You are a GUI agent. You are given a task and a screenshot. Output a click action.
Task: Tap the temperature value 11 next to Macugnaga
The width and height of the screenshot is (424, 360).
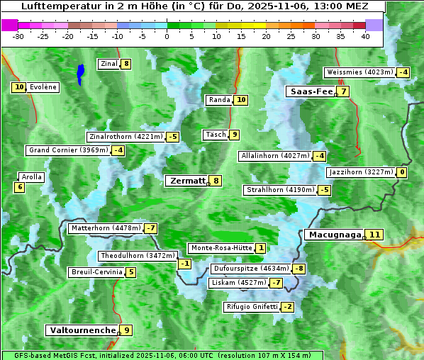375,235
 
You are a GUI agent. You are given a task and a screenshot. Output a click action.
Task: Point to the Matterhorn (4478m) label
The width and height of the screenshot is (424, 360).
105,228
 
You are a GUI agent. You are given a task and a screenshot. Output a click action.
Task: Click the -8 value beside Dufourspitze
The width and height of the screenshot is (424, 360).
299,269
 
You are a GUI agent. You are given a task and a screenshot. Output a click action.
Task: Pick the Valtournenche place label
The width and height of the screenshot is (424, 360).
82,330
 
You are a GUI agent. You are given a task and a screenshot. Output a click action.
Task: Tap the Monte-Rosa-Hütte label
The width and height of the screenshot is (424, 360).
221,248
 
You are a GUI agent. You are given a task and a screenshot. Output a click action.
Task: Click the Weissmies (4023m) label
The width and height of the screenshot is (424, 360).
359,72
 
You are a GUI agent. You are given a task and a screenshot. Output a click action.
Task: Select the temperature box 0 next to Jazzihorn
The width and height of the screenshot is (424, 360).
402,172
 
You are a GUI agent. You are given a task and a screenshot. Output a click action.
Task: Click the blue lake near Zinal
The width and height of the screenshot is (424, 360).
80,72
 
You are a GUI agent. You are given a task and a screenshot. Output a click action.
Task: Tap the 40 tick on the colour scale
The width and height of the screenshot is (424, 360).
365,36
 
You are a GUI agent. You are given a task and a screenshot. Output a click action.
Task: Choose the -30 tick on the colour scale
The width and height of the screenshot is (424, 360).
19,36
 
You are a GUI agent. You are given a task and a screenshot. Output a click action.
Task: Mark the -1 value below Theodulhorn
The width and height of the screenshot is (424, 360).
184,264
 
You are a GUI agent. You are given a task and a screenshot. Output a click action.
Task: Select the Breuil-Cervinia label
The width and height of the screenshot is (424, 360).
96,272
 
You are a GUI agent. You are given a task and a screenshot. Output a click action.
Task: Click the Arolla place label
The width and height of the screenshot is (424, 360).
32,177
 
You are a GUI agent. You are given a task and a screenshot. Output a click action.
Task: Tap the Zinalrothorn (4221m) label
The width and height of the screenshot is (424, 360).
125,136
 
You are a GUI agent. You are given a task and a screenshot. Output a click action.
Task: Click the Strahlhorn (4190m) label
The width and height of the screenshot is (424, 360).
279,190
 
